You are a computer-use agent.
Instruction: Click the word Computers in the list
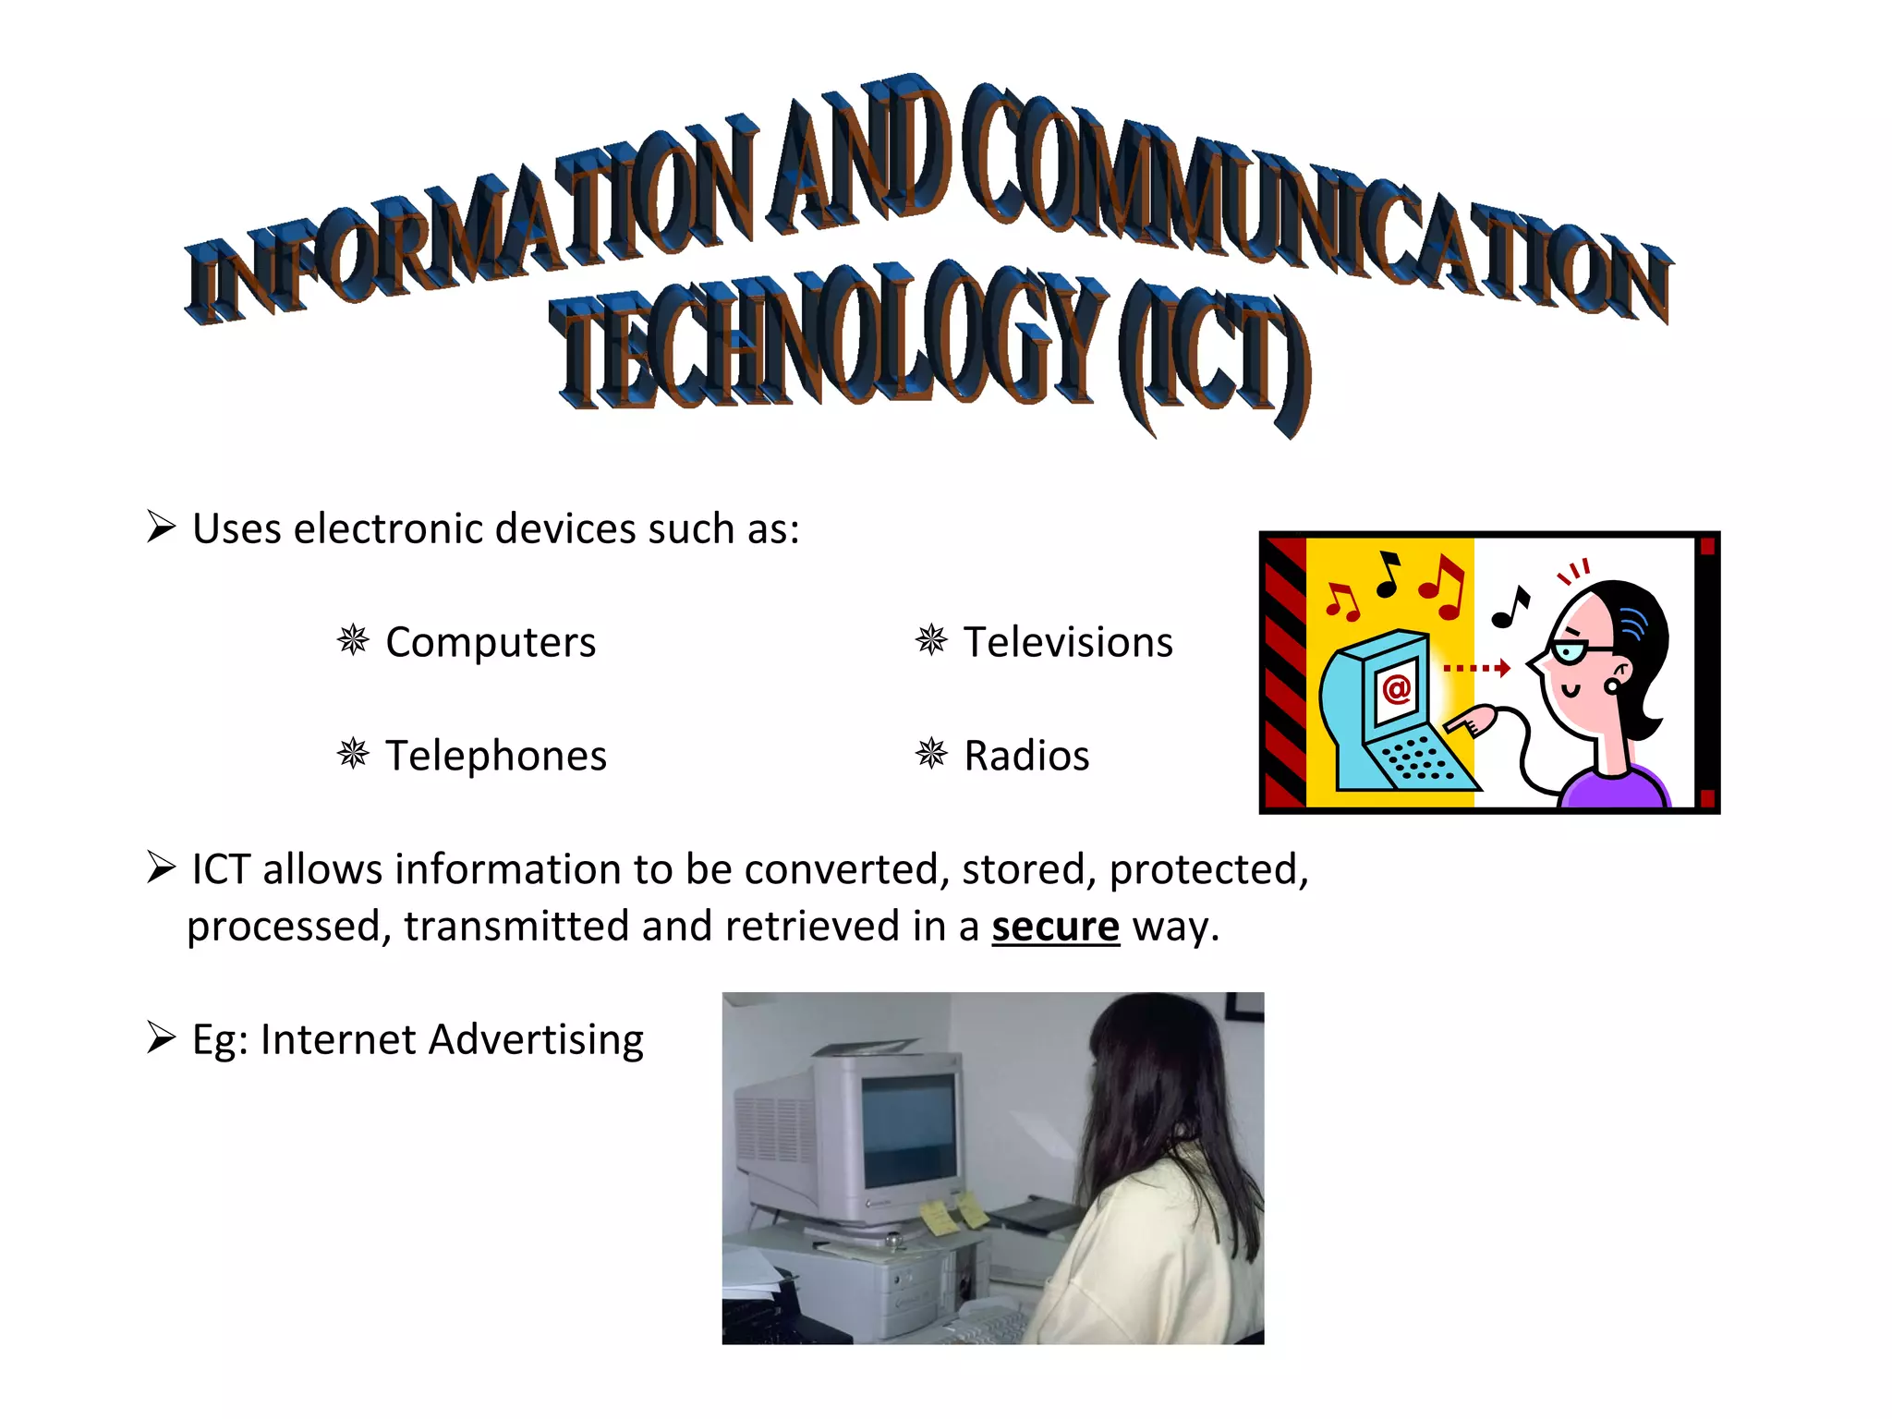coord(490,642)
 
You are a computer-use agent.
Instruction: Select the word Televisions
coord(1068,642)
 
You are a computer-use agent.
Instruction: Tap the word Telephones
coord(496,756)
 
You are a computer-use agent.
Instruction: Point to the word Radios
coord(1026,756)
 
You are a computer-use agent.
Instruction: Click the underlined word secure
coord(1055,927)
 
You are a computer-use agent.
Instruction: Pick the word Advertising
coord(536,1040)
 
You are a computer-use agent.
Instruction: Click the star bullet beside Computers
coord(353,639)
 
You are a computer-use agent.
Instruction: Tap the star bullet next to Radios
coord(931,753)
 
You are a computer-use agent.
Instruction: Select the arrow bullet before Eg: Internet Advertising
coord(162,1037)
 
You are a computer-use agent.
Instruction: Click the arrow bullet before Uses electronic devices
coord(162,527)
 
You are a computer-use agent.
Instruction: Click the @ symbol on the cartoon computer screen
coord(1396,688)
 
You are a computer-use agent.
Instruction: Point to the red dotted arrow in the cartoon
coord(1476,667)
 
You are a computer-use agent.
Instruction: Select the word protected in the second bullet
coord(1207,869)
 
